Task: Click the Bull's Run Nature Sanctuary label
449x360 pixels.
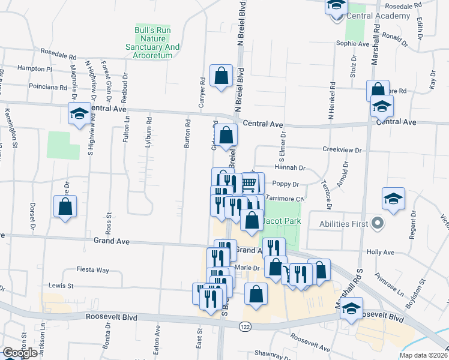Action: (149, 42)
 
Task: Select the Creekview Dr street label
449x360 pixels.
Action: (342, 150)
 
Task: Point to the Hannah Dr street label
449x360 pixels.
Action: (291, 168)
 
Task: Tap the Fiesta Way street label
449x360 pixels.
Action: (94, 270)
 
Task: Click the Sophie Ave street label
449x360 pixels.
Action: (352, 44)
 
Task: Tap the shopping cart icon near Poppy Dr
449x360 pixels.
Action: (249, 182)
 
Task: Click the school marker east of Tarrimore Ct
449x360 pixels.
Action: (393, 198)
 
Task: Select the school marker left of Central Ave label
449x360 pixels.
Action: (79, 113)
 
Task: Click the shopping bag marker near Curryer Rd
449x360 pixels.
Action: (221, 76)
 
